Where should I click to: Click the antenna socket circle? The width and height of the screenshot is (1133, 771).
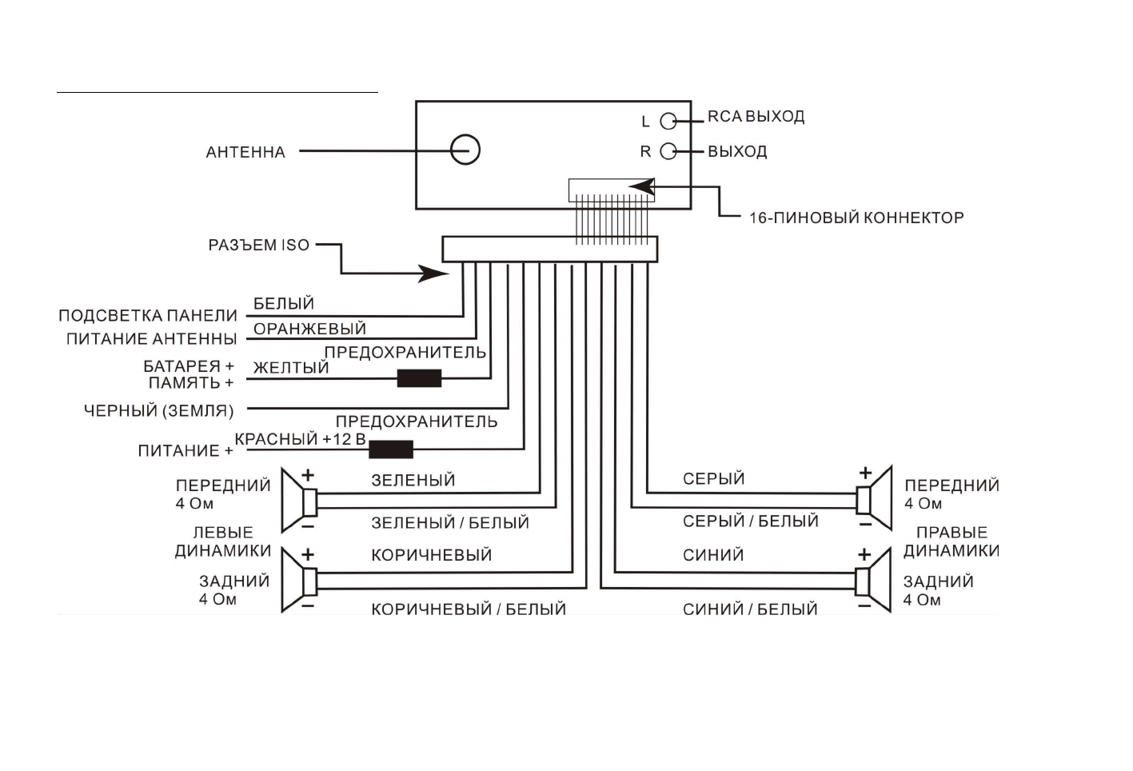[465, 150]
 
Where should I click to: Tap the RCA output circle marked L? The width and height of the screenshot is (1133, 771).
[668, 121]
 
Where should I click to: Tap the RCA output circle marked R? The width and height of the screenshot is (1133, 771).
[668, 151]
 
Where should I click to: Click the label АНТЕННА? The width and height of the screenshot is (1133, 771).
[245, 152]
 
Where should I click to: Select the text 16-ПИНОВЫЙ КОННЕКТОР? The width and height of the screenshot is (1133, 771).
[856, 218]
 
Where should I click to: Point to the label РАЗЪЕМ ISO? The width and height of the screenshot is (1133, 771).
[258, 246]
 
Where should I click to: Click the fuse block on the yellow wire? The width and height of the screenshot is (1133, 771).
[419, 378]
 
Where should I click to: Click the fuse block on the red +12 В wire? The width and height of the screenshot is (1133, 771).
[391, 449]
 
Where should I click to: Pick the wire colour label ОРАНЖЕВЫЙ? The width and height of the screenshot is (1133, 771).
[309, 329]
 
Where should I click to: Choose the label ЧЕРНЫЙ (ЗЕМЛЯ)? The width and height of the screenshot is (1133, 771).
[159, 411]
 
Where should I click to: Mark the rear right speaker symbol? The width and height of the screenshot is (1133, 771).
[873, 581]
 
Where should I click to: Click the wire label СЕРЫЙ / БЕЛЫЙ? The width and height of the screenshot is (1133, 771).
[750, 521]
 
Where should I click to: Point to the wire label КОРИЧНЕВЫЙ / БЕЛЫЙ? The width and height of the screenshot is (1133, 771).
[468, 609]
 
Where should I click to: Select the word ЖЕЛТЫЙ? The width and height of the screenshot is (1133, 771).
[291, 368]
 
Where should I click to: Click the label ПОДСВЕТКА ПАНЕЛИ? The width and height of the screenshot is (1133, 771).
[148, 316]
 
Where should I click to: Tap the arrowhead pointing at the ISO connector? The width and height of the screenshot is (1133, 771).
[436, 274]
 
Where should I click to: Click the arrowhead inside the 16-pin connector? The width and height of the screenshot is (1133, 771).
[641, 187]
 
